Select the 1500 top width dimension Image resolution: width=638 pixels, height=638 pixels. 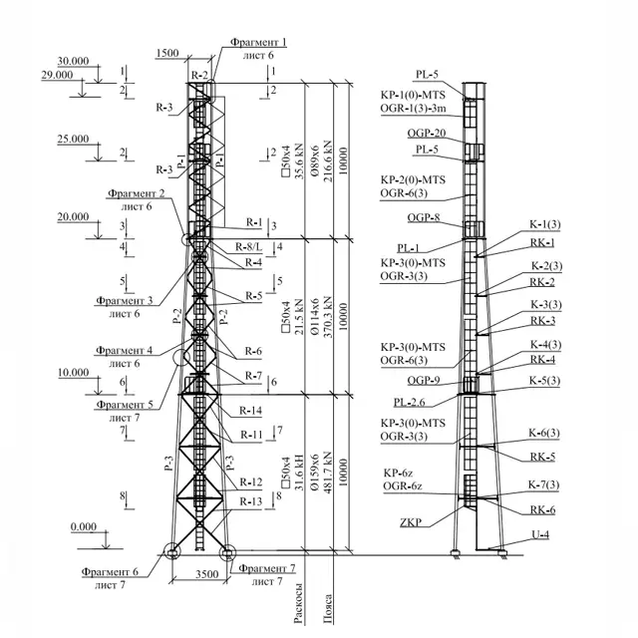pos(168,52)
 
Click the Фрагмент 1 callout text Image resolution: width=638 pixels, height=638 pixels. pos(257,42)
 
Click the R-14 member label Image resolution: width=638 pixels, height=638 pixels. pos(249,411)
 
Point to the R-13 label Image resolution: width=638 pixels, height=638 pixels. pos(251,501)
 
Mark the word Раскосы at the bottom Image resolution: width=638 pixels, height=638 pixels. pos(298,602)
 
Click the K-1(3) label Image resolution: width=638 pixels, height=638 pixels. pos(544,223)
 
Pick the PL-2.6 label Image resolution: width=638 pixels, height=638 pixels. pos(411,403)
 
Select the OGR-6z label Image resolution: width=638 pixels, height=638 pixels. pos(403,486)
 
